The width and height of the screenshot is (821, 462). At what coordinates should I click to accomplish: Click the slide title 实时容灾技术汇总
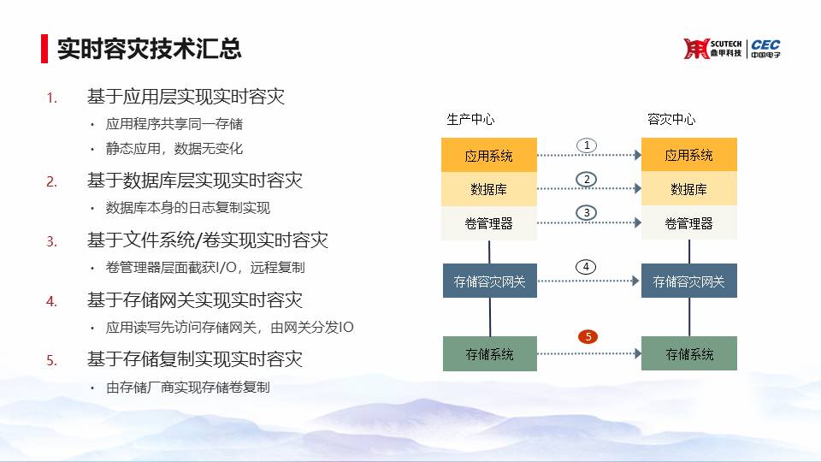point(149,49)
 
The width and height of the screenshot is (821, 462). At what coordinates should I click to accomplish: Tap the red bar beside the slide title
point(44,49)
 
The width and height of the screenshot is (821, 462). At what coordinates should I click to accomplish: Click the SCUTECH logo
point(712,49)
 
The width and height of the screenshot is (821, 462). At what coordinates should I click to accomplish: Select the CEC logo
point(765,49)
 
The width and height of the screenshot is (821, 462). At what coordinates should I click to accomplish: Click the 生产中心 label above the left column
point(470,120)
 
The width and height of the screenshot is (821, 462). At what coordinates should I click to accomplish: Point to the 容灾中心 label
point(671,120)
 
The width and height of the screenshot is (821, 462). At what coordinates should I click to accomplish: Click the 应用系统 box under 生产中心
point(489,155)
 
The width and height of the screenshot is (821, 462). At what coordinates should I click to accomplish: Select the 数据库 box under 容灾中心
point(689,188)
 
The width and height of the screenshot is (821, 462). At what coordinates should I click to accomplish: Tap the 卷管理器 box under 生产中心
point(489,223)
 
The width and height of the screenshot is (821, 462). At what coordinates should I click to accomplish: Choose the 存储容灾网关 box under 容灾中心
point(689,281)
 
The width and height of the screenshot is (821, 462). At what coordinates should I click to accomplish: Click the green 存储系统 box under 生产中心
point(490,354)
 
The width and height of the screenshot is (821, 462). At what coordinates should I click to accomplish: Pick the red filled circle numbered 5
point(588,336)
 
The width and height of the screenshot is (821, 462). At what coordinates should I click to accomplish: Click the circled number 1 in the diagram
point(587,145)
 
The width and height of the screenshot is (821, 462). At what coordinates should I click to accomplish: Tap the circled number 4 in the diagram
point(586,267)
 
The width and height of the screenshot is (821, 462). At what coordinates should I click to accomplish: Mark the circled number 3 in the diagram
point(587,213)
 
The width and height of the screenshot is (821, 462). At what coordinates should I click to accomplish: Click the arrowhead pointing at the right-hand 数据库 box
point(638,188)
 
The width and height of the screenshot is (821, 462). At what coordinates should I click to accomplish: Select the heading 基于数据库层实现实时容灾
point(195,181)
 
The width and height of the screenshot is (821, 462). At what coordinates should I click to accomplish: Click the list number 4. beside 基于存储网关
point(51,301)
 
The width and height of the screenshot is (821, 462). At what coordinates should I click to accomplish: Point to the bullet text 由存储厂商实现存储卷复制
point(188,387)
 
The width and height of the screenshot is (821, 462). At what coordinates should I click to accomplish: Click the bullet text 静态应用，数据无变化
point(174,149)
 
